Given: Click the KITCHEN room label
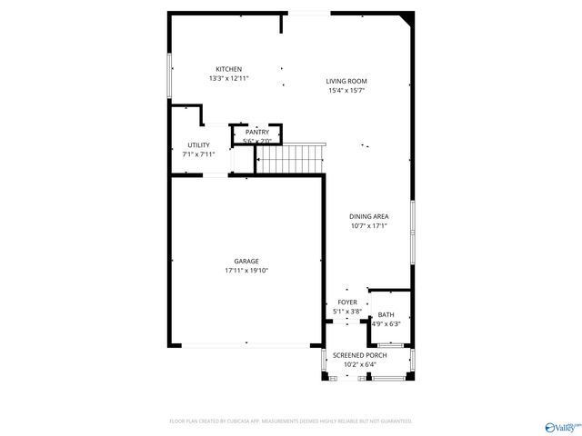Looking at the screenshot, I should coord(228,70).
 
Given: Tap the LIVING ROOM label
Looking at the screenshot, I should coord(346,82).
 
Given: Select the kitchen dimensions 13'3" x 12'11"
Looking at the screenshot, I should coord(228,79).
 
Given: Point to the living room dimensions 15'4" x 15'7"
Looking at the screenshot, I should coord(346,91).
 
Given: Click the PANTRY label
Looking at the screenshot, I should coord(257,133).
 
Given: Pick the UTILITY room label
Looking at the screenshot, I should coord(198,145).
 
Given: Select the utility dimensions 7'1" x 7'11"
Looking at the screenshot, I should coord(198,154).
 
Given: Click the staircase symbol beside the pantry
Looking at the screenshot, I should coord(290,160).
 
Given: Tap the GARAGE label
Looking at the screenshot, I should coord(246,262).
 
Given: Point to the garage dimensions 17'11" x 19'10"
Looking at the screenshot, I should coord(246,271).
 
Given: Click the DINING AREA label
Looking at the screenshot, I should coord(369,216).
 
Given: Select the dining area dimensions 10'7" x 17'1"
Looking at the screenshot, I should coord(369,225).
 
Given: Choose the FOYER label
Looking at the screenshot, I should coord(347,302).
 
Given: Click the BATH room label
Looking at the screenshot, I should coord(386,315).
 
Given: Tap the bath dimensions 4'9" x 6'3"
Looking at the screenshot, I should coord(386,323).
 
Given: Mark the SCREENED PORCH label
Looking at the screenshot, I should coord(359,355).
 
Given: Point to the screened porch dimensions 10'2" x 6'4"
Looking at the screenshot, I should coord(359,364).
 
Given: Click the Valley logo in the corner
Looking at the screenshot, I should coord(560,425).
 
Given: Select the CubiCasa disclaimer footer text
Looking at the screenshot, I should coord(291,421).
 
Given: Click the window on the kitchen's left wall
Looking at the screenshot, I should coord(169,74).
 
